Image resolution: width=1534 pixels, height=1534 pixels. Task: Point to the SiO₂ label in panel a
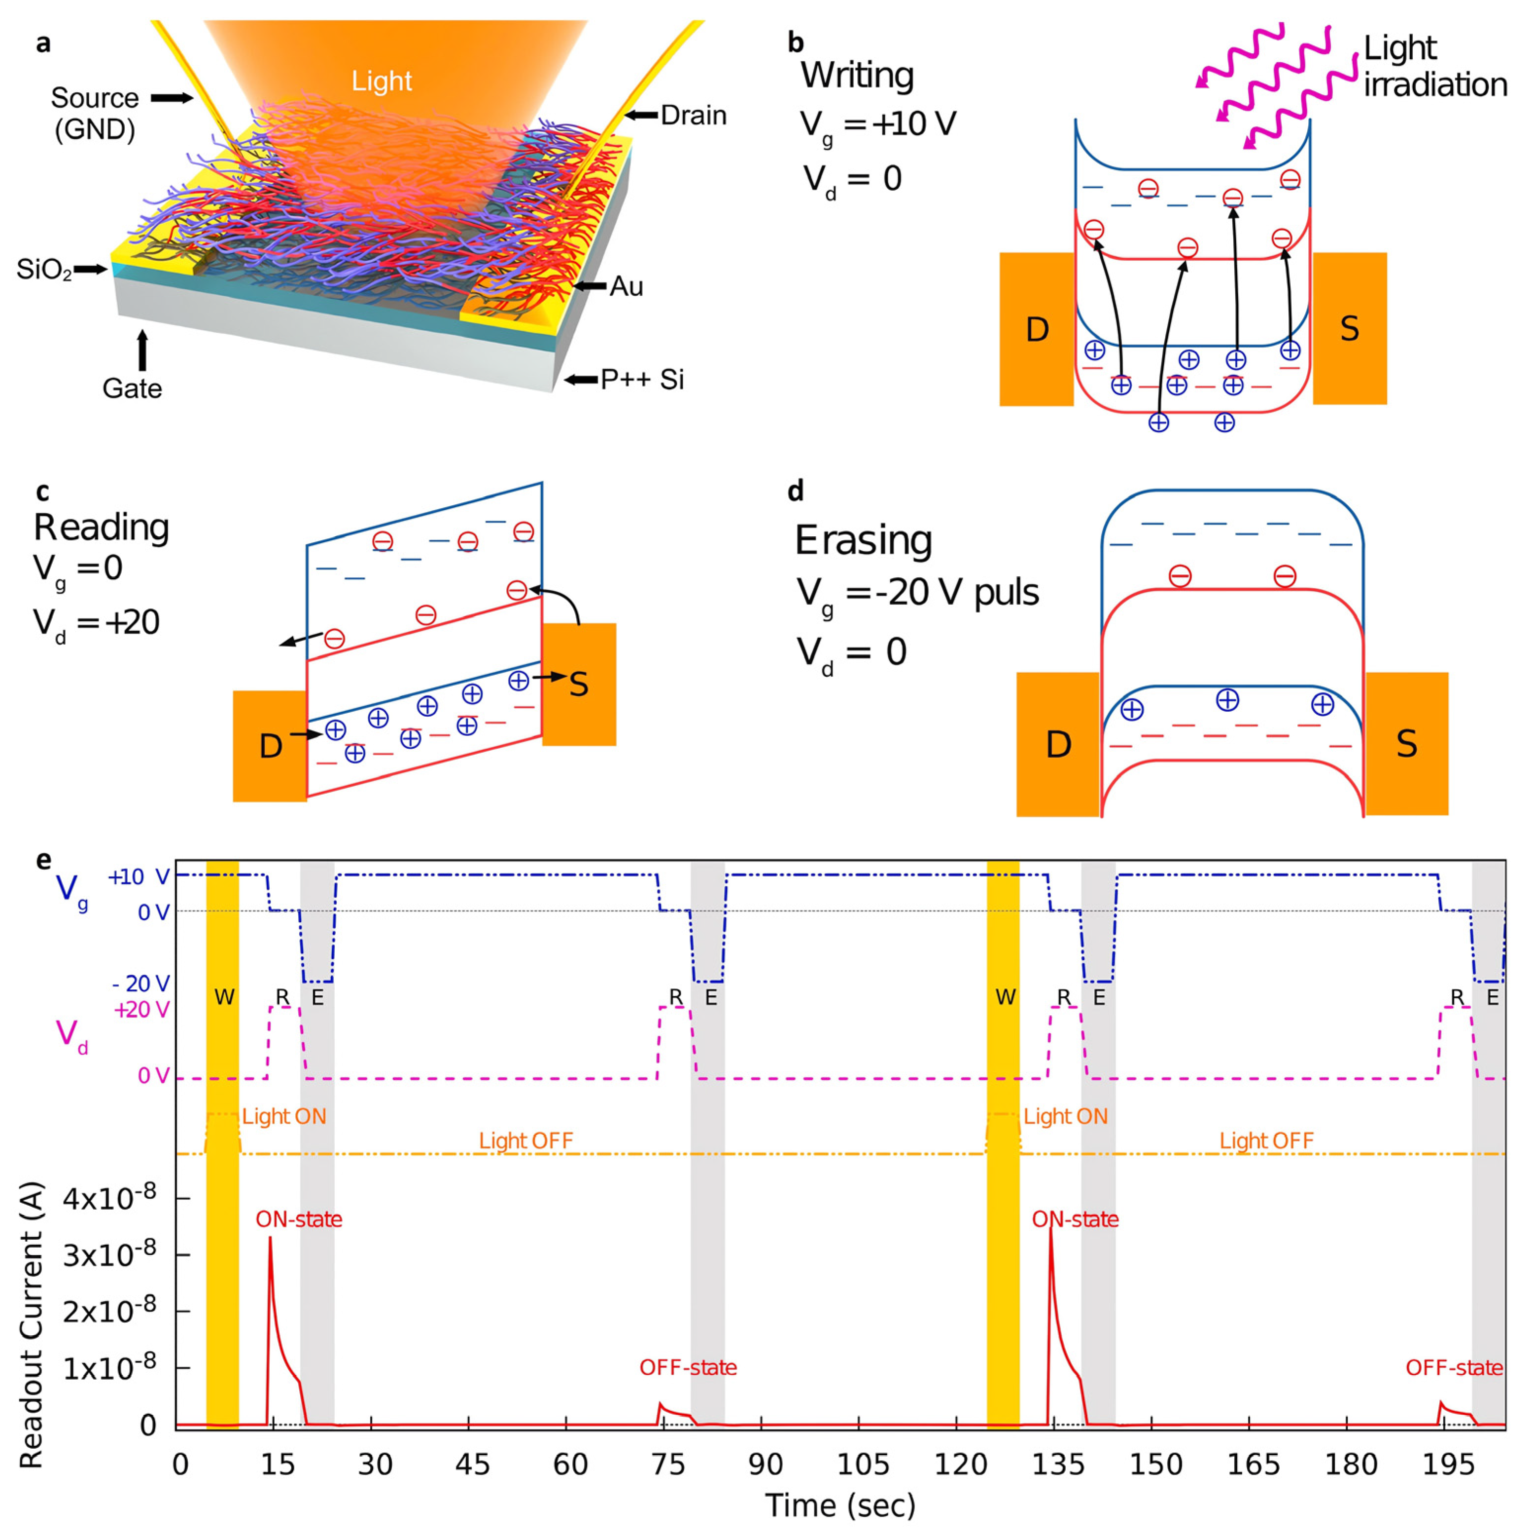[x=44, y=270]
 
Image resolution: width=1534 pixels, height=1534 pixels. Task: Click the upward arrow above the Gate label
[x=143, y=350]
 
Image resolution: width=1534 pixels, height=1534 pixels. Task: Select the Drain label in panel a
[x=693, y=116]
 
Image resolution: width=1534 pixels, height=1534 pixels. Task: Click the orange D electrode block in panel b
[x=1036, y=329]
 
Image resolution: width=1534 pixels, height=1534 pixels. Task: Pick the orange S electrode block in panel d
[x=1406, y=744]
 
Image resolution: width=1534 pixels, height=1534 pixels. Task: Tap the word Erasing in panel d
[x=863, y=541]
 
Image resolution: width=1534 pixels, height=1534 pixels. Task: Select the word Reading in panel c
[x=102, y=527]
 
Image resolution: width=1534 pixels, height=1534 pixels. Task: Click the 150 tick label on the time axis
[x=1155, y=1464]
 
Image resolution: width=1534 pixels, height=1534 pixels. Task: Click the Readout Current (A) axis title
[x=32, y=1326]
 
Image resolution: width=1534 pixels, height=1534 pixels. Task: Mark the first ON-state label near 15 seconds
[x=299, y=1220]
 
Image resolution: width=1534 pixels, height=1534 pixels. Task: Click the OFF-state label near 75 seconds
[x=688, y=1367]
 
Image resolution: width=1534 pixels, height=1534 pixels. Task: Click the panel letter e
[x=44, y=860]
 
